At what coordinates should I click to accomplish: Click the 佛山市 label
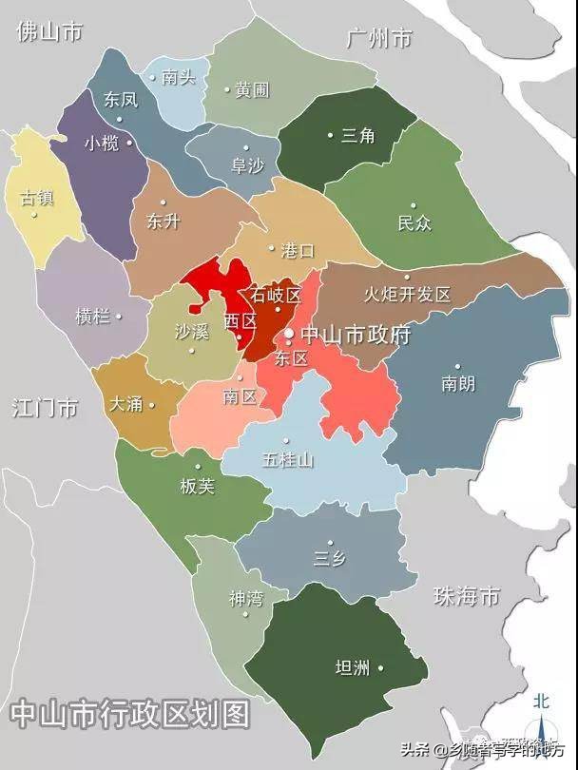[x=48, y=31]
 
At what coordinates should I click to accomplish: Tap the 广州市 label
[x=379, y=39]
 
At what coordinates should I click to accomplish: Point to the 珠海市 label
[x=466, y=596]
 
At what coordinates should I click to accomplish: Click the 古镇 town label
[x=37, y=198]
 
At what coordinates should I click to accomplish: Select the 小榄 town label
[x=101, y=144]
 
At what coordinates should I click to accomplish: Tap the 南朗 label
[x=458, y=384]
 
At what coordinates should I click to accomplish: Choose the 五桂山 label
[x=288, y=460]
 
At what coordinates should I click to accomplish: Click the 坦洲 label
[x=353, y=667]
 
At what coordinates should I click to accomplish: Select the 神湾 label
[x=245, y=599]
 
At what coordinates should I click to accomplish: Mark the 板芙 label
[x=197, y=486]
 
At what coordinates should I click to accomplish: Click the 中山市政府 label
[x=355, y=336]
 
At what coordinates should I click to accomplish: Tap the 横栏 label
[x=92, y=317]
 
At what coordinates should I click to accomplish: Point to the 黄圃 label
[x=253, y=90]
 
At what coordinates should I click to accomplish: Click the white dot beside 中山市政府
[x=289, y=335]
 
